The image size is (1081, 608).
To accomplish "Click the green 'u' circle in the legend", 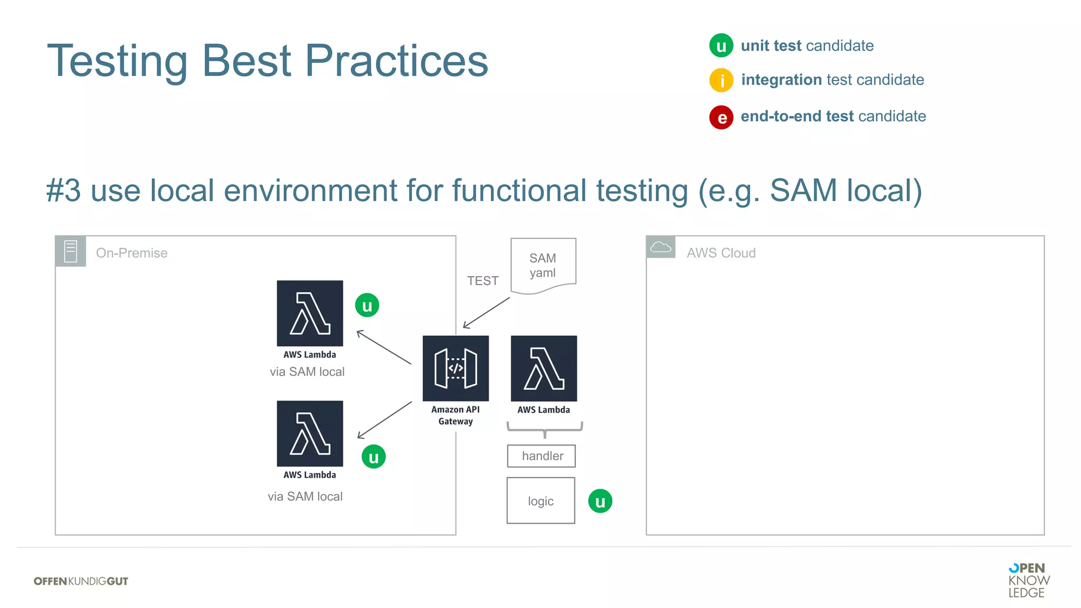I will (721, 46).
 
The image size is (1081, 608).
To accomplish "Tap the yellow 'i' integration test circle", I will (721, 80).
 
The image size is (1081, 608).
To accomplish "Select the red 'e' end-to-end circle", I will (721, 117).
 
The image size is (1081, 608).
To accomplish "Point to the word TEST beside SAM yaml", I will (482, 281).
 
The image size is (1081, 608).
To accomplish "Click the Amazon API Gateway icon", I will (456, 368).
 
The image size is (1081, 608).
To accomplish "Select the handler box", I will (542, 456).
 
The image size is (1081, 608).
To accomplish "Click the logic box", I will (540, 500).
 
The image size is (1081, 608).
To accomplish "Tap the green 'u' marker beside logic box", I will (600, 501).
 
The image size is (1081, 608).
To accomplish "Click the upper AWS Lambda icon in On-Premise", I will (310, 313).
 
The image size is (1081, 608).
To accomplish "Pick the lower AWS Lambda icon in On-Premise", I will (310, 434).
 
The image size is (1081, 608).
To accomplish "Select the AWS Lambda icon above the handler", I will (544, 368).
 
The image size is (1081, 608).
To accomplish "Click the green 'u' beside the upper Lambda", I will (367, 306).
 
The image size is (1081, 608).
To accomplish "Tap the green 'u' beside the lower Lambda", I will (374, 457).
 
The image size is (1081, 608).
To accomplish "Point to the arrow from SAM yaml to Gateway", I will (486, 312).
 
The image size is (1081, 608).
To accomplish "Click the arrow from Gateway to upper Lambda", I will (384, 347).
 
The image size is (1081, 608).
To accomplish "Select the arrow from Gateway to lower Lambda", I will (384, 420).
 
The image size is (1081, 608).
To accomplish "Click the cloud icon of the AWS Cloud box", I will (660, 247).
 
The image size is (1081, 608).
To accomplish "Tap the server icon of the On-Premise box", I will (71, 251).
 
